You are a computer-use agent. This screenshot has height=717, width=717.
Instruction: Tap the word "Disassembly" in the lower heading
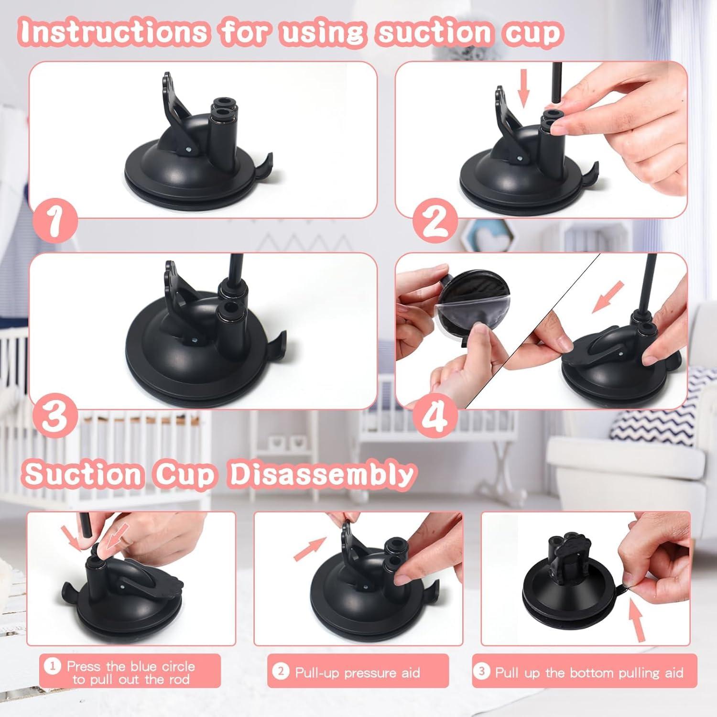click(x=321, y=474)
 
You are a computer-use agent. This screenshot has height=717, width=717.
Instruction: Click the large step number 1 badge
click(x=54, y=220)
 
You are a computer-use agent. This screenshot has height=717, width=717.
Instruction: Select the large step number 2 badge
click(x=435, y=220)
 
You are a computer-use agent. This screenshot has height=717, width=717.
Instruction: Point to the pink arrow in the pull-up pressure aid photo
click(x=310, y=548)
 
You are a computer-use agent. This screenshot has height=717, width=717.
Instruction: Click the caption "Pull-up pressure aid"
click(x=358, y=673)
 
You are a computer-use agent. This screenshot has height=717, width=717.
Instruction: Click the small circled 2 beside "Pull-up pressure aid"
click(x=281, y=672)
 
